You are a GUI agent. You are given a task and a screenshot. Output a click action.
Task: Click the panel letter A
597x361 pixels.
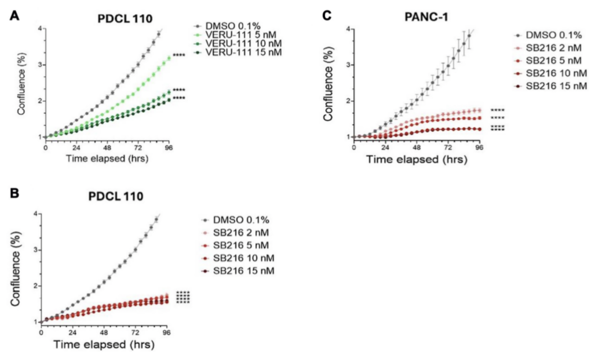(x=14, y=16)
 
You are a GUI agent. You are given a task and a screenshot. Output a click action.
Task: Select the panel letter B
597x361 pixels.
(x=14, y=194)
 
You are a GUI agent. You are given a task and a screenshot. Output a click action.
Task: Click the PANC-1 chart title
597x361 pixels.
(x=426, y=17)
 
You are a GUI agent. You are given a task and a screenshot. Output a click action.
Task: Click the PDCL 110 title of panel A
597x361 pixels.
(x=125, y=19)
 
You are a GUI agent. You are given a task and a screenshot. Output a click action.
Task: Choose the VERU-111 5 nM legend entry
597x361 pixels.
(x=240, y=35)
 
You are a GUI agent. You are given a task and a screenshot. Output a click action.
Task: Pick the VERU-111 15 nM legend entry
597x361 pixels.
(x=243, y=52)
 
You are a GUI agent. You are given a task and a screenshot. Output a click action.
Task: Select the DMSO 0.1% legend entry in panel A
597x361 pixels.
(x=232, y=26)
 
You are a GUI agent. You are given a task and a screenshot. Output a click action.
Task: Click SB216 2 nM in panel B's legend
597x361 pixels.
(x=241, y=233)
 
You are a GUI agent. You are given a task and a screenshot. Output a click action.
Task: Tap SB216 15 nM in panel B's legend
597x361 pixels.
(x=243, y=271)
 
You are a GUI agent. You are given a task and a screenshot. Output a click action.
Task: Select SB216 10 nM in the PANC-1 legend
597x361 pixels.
(x=556, y=73)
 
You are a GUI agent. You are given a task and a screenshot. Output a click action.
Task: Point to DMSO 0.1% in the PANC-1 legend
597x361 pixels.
(x=553, y=35)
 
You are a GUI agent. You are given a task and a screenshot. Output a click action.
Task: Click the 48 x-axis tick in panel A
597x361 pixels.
(x=107, y=148)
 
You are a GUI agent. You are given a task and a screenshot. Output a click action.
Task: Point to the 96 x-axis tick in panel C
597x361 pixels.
(x=479, y=147)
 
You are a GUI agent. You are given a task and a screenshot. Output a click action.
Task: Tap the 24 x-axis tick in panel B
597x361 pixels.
(x=72, y=333)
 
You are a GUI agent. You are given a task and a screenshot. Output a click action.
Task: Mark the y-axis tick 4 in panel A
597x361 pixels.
(x=40, y=28)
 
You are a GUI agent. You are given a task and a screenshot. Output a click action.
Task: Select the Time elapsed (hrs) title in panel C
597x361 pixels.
(x=417, y=160)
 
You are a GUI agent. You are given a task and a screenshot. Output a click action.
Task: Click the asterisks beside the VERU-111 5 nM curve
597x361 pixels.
(x=179, y=55)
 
